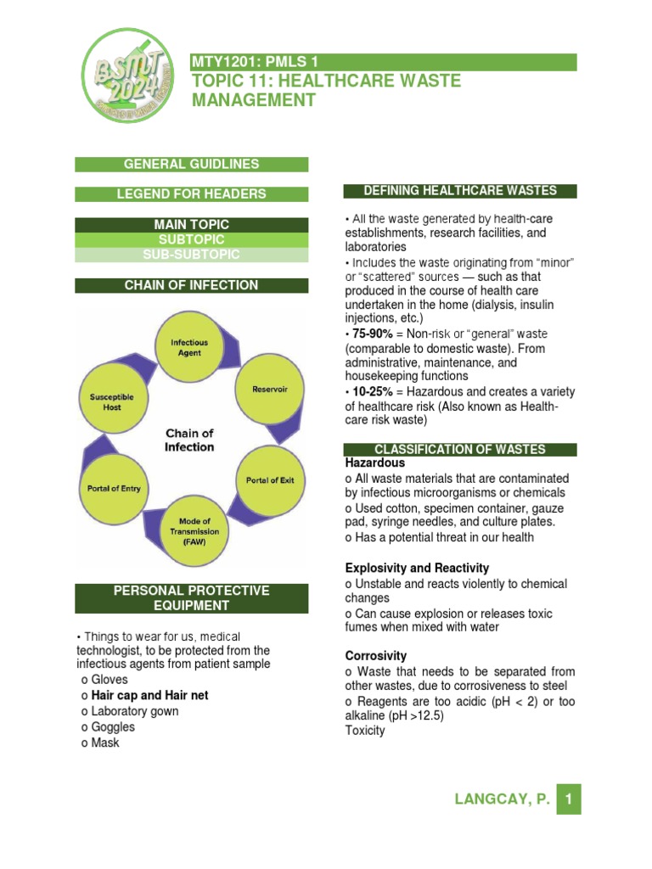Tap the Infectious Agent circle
point(189,347)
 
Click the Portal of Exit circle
point(269,480)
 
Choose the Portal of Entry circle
point(114,488)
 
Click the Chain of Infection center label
point(189,440)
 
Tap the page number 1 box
point(569,799)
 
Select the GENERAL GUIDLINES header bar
point(192,165)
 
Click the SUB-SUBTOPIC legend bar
point(192,255)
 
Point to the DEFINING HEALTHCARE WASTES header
point(459,191)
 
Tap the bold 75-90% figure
point(368,334)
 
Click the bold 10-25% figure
point(368,391)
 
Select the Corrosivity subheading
point(376,656)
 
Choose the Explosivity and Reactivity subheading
point(417,568)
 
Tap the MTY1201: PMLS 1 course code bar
point(385,62)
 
